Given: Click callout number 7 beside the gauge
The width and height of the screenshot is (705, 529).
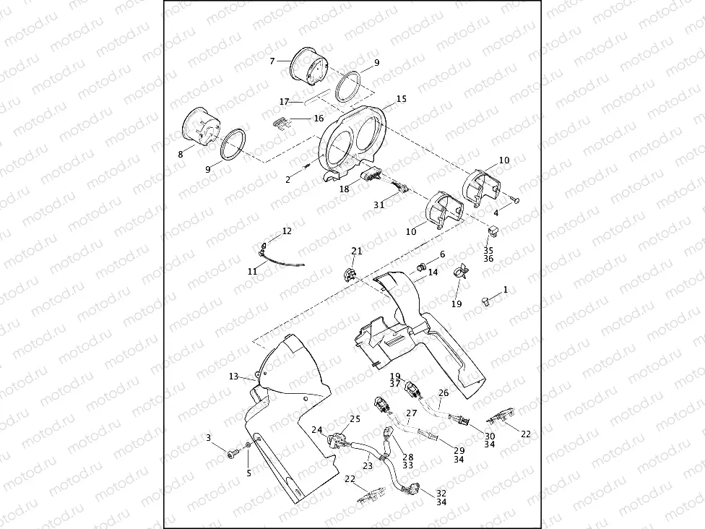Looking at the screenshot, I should pos(272,61).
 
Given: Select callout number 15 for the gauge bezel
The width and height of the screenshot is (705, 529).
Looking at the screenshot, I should pos(402,98).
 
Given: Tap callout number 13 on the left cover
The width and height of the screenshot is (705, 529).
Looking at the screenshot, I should pos(233,377).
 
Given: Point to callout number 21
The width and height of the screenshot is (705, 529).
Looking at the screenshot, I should pos(356,251).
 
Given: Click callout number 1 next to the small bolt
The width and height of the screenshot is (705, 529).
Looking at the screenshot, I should pos(506,289).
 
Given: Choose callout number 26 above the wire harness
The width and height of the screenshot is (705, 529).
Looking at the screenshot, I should pos(444,393).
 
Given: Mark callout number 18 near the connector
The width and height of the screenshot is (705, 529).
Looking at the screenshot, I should pos(345,189).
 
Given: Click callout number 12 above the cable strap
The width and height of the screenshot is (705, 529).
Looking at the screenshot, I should pos(287,231).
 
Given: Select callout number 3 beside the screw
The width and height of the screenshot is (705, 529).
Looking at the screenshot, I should pos(209,437).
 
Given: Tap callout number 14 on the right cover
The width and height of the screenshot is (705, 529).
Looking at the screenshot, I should pos(433,272).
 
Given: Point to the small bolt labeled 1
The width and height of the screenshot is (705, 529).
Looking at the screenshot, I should pos(488,299).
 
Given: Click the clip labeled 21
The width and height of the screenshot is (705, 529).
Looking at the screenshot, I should pos(347,273).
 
